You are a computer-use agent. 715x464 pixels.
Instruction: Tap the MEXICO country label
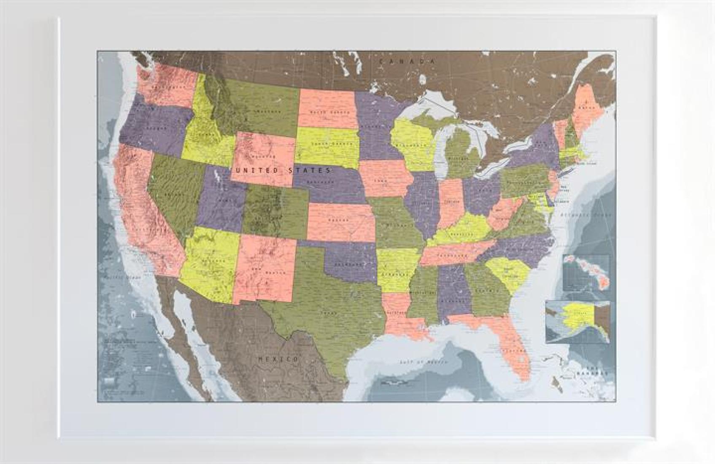click(x=278, y=359)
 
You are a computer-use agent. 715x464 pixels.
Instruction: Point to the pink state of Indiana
click(x=451, y=202)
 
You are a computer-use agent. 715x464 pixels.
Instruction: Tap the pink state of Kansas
click(x=340, y=221)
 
